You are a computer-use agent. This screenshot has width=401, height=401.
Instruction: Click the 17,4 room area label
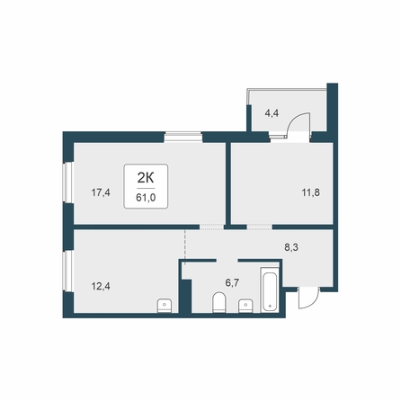[x=101, y=192]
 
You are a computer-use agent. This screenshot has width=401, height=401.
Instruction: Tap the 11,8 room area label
[x=311, y=192]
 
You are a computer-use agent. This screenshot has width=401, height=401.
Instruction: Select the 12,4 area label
[x=101, y=287]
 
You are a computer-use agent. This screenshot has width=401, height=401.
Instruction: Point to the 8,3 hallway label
[x=291, y=248]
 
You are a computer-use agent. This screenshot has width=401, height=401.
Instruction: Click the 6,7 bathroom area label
[x=232, y=282]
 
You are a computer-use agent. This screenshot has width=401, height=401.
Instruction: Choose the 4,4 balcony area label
[x=272, y=113]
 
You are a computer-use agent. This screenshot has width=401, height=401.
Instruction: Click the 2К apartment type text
[x=146, y=179]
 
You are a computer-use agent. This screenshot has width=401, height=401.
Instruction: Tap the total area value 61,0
[x=146, y=198]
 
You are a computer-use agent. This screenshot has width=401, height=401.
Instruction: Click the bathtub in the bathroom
[x=270, y=290]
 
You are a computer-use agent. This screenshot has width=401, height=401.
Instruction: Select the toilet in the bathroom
[x=219, y=303]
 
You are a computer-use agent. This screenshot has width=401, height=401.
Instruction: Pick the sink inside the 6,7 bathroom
[x=245, y=307]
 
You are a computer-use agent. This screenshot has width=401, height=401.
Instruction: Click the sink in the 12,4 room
[x=165, y=306]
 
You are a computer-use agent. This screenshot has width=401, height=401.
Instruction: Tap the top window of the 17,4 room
[x=183, y=137]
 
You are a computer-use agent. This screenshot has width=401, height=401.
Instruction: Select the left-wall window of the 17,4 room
[x=68, y=183]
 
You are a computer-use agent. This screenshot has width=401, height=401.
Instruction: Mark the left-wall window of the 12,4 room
[x=68, y=271]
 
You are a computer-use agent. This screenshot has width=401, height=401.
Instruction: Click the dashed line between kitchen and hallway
[x=185, y=247]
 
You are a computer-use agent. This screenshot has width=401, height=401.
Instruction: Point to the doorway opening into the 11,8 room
[x=260, y=227]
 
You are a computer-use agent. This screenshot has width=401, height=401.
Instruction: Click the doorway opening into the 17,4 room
[x=212, y=227]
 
